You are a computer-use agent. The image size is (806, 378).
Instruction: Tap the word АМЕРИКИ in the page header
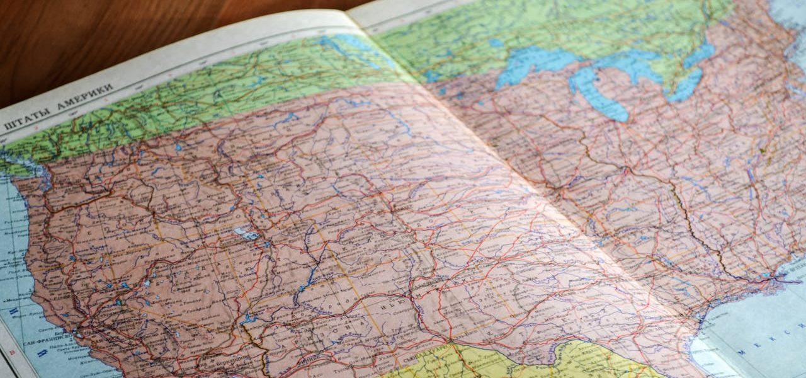(x=82, y=96)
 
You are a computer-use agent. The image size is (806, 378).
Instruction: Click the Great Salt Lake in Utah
(x=246, y=234)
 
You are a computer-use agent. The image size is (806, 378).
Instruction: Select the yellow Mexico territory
(x=504, y=362)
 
